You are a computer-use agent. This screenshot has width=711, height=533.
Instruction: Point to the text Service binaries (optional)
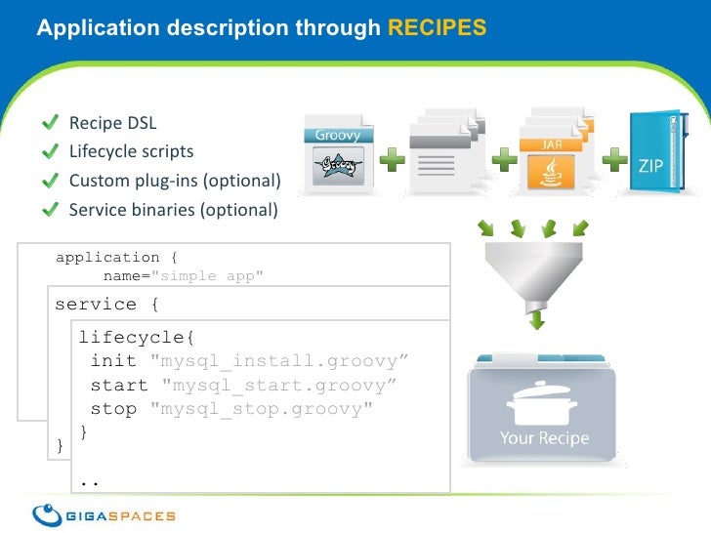pos(173,209)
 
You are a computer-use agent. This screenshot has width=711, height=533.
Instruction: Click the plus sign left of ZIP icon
pos(617,160)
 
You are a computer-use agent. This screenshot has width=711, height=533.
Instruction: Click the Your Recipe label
pos(545,437)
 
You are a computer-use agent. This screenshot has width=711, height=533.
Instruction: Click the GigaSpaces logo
pos(104,514)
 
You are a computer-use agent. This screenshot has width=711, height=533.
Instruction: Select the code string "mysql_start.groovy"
pos(279,385)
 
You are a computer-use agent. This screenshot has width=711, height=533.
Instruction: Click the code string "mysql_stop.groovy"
pos(261,408)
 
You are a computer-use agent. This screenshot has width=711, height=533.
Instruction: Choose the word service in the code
pos(96,304)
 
